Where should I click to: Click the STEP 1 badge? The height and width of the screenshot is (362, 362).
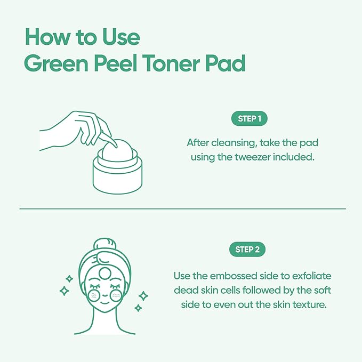(249, 119)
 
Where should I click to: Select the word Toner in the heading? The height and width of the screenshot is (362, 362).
(175, 64)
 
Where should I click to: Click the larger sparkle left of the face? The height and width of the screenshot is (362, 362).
(65, 291)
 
